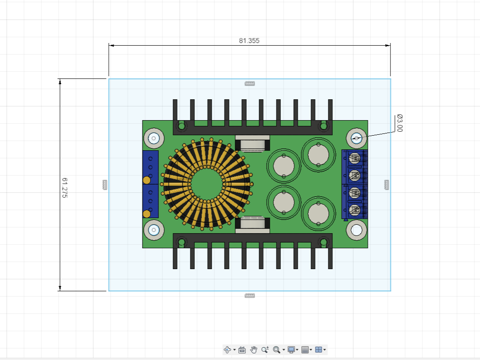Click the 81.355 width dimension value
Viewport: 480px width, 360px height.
249,40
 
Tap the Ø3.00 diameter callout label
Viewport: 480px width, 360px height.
399,123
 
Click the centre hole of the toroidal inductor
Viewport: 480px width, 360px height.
207,184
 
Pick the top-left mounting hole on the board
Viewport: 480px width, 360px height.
154,139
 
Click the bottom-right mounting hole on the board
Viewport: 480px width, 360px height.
356,230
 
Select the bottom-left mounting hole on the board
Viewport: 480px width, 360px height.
154,230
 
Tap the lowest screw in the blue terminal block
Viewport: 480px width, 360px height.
354,211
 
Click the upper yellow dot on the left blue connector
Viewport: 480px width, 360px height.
146,180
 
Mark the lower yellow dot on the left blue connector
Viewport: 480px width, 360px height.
146,214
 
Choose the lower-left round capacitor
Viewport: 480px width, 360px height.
283,202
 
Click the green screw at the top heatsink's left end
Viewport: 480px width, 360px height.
181,126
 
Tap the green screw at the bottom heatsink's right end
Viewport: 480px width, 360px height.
324,242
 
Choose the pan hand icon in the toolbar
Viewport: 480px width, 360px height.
254,350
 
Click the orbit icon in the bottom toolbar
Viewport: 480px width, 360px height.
228,350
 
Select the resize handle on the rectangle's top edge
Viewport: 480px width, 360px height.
250,83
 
